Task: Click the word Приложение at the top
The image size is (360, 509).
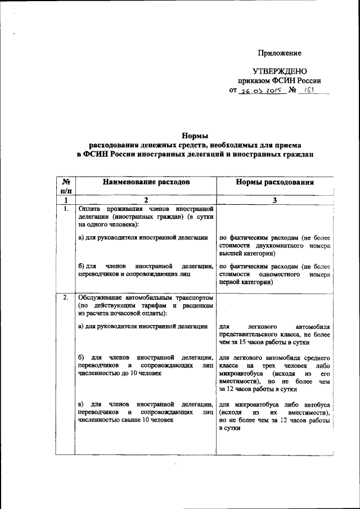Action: (x=280, y=53)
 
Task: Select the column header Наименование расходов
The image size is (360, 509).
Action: (x=146, y=183)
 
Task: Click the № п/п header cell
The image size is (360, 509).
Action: (x=66, y=187)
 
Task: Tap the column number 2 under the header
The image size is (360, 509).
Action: (x=146, y=200)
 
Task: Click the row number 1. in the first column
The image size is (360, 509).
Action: (x=66, y=209)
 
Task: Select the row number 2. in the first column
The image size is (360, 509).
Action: (x=66, y=296)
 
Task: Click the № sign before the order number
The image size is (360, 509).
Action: (x=292, y=90)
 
